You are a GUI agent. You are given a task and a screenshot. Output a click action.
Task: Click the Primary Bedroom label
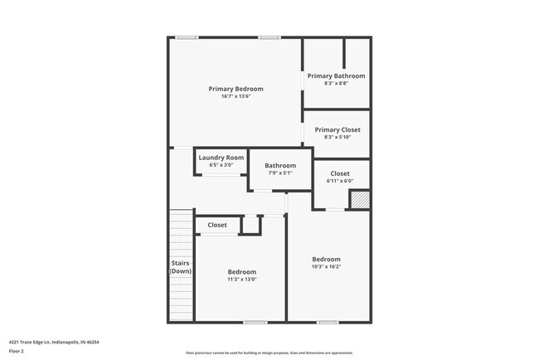click(236, 89)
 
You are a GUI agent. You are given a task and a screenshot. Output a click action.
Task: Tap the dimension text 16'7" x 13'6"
click(236, 96)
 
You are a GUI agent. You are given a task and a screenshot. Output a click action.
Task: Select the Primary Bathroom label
click(336, 76)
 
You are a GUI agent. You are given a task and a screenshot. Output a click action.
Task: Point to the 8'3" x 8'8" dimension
click(336, 83)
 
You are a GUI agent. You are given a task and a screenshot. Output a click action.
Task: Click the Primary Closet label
click(337, 130)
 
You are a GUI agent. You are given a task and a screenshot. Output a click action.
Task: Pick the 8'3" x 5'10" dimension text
click(337, 137)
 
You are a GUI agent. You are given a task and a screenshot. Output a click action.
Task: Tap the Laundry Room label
click(221, 158)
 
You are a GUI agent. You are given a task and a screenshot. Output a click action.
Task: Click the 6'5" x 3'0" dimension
click(221, 165)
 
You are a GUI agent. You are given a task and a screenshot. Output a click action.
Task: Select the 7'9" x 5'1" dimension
click(280, 173)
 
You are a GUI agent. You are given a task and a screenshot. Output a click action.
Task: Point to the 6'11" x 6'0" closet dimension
click(340, 181)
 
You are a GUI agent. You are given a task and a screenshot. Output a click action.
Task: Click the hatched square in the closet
click(359, 199)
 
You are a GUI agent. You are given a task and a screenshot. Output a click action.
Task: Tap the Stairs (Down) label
click(181, 267)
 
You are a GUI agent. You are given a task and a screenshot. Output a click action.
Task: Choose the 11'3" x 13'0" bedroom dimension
click(242, 280)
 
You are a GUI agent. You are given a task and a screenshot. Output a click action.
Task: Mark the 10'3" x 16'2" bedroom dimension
click(326, 267)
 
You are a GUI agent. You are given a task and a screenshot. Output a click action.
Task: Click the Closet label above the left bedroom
click(217, 225)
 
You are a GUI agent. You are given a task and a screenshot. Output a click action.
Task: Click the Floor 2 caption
click(17, 350)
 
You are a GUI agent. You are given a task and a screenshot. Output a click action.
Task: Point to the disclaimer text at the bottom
click(269, 353)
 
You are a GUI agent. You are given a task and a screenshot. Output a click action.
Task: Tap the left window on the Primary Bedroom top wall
click(187, 37)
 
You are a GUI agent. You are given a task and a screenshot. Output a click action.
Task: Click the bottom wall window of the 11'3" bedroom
click(255, 322)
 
